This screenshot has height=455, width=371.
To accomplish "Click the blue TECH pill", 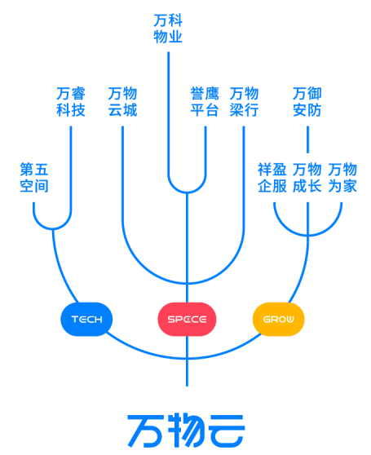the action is [x=86, y=319].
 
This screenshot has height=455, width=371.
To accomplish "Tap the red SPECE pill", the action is [x=187, y=319].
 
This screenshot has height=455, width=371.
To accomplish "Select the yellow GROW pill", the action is [x=279, y=319].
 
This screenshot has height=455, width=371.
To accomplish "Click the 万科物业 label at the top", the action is [x=168, y=29].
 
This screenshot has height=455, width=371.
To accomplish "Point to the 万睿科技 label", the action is [x=71, y=102].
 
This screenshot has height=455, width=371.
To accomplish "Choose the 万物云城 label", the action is [x=122, y=102].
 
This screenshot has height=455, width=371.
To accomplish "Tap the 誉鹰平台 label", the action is [x=205, y=102].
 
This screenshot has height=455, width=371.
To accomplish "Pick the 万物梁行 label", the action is [x=244, y=102].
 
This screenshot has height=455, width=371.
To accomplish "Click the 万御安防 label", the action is [x=307, y=102].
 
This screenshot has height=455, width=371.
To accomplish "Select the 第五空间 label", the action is [x=34, y=178].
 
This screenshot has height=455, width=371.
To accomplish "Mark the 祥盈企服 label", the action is [x=272, y=178].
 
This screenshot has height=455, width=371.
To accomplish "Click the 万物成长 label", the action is [x=307, y=178].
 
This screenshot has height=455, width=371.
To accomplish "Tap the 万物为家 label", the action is [x=342, y=178].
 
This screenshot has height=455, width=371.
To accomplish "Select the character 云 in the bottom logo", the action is [x=227, y=431].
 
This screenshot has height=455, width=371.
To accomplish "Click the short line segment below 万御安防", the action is [x=307, y=139].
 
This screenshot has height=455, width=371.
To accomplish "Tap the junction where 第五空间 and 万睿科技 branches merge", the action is [x=53, y=229].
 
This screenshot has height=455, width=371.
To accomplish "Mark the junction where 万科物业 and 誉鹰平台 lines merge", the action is [x=187, y=192].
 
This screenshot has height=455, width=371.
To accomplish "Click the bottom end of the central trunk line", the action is [x=187, y=386].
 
